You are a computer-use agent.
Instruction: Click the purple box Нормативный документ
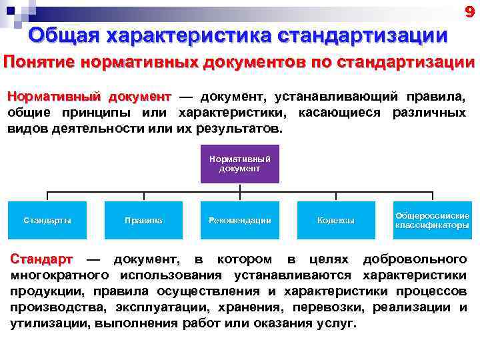point(239,164)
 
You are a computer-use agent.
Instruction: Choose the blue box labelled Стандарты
point(47,220)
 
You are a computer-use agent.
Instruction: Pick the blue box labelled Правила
point(143,220)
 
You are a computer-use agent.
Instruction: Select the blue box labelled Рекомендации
point(239,220)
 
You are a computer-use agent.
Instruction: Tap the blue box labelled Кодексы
point(335,220)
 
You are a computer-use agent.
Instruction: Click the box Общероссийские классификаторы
point(432,220)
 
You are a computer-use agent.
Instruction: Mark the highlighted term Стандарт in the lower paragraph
point(41,259)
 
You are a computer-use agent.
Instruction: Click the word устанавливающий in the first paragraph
point(339,97)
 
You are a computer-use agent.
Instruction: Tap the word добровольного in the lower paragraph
point(413,259)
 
